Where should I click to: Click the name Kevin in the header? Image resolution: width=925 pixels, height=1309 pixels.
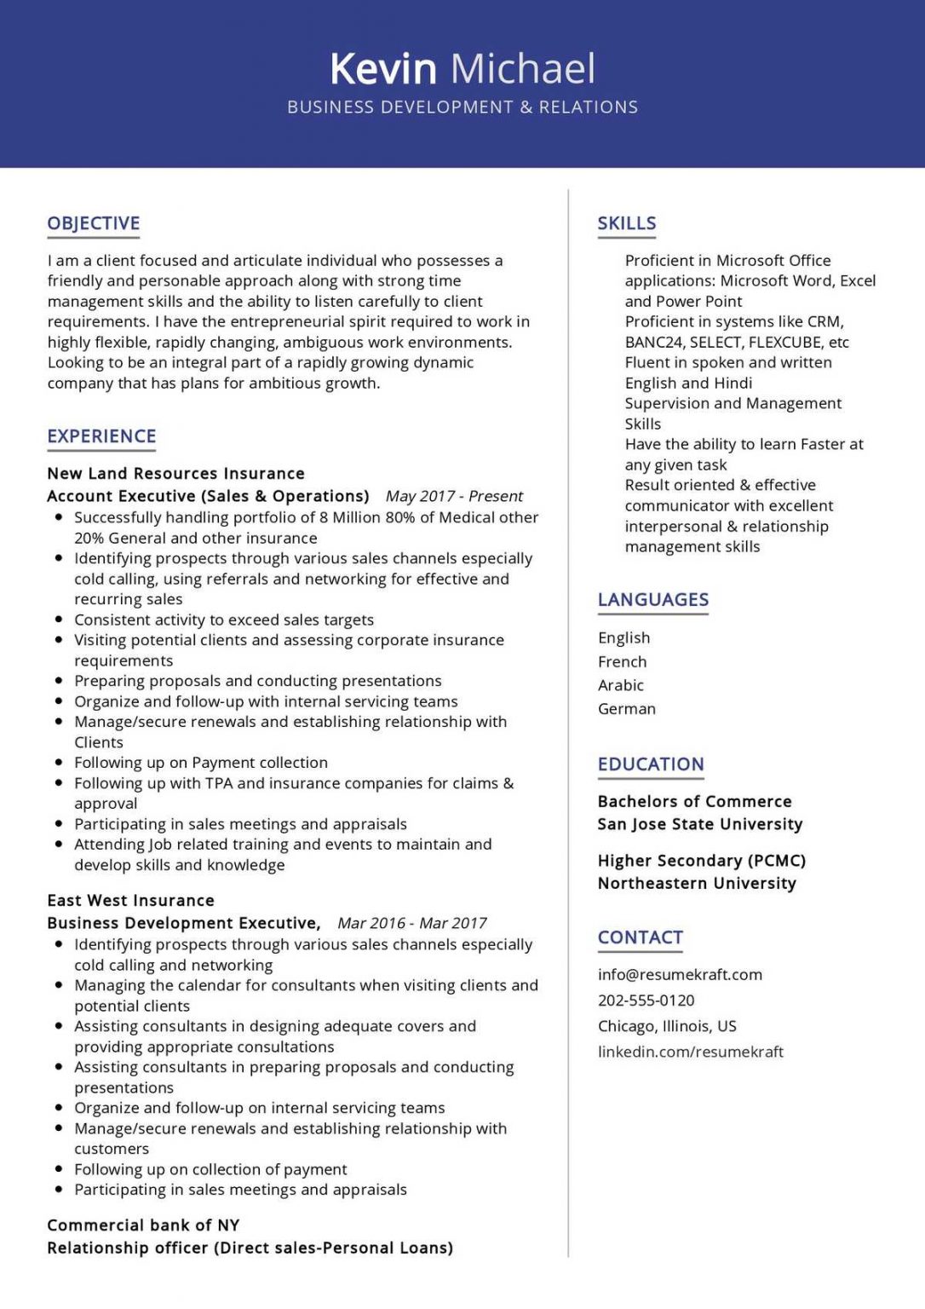point(382,68)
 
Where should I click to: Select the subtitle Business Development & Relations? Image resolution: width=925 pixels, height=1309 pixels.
point(462,107)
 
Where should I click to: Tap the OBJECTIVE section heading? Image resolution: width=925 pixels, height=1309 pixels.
point(94,223)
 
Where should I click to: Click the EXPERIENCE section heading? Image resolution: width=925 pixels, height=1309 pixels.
point(101,436)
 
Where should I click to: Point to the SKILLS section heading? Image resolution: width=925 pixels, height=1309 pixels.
point(627,223)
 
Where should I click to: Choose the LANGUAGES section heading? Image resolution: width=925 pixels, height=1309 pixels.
point(653,600)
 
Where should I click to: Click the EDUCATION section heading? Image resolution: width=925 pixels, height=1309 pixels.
point(651,764)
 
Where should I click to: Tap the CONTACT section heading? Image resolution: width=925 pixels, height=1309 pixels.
point(641,937)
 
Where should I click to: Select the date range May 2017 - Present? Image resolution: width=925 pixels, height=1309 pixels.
point(454,496)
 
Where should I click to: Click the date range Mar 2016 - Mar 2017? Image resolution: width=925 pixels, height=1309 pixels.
point(412,923)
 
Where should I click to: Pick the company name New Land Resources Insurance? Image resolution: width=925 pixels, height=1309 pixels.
point(175,474)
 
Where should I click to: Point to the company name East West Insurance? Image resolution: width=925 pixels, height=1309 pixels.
point(130,901)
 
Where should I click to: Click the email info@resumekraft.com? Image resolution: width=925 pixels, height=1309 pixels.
point(680,975)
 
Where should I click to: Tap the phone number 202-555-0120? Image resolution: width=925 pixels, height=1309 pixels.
point(646,1000)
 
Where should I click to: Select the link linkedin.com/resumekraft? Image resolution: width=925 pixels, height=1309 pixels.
point(690,1052)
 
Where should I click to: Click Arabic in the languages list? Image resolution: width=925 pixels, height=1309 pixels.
point(621,685)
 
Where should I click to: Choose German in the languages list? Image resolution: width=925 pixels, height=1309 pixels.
point(627,709)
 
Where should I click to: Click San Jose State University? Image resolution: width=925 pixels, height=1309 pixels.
point(700,824)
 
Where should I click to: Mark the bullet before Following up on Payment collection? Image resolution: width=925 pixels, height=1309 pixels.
point(59,763)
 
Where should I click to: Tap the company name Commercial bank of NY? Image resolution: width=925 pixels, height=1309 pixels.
point(143,1225)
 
